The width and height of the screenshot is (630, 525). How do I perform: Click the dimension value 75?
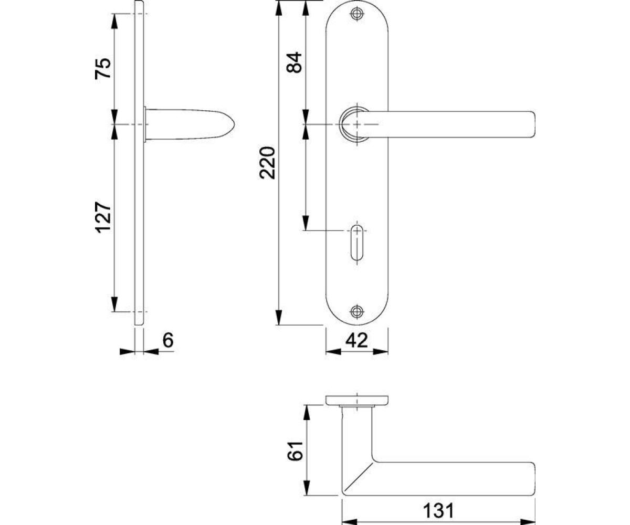click(x=103, y=68)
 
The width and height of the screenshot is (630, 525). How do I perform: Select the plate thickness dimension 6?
click(x=167, y=341)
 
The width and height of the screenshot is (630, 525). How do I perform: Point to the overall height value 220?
click(x=268, y=163)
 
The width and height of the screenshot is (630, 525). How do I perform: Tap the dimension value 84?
click(x=295, y=62)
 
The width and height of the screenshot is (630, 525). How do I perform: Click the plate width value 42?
click(x=356, y=341)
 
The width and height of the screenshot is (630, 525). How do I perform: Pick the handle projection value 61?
click(x=296, y=451)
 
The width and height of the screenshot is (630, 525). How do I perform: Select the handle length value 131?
click(x=438, y=510)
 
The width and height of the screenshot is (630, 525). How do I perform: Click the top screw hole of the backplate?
click(x=358, y=15)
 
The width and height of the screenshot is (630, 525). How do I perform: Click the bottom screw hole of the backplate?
click(x=358, y=311)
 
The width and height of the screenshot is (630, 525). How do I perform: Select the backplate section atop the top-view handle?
click(x=357, y=400)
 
